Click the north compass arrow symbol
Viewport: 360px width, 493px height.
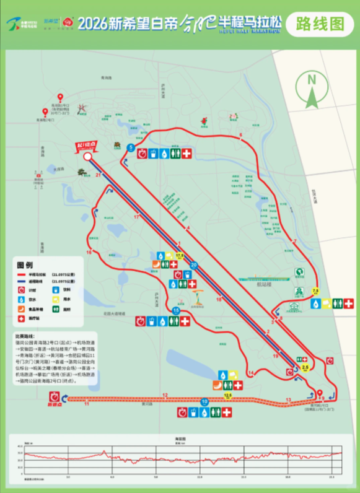click(312, 88)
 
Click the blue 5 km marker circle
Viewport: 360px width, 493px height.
click(131, 147)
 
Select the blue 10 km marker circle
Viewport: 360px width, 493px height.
click(204, 402)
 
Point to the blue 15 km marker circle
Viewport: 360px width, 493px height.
click(177, 310)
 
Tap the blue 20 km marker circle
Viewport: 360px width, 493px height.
click(194, 265)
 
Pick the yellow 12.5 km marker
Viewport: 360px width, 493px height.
click(228, 395)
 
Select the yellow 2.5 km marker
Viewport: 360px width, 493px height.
click(304, 368)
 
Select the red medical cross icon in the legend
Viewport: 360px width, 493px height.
click(22, 319)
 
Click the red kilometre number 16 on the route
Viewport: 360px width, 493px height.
click(89, 253)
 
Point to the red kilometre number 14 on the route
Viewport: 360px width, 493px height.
click(250, 372)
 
